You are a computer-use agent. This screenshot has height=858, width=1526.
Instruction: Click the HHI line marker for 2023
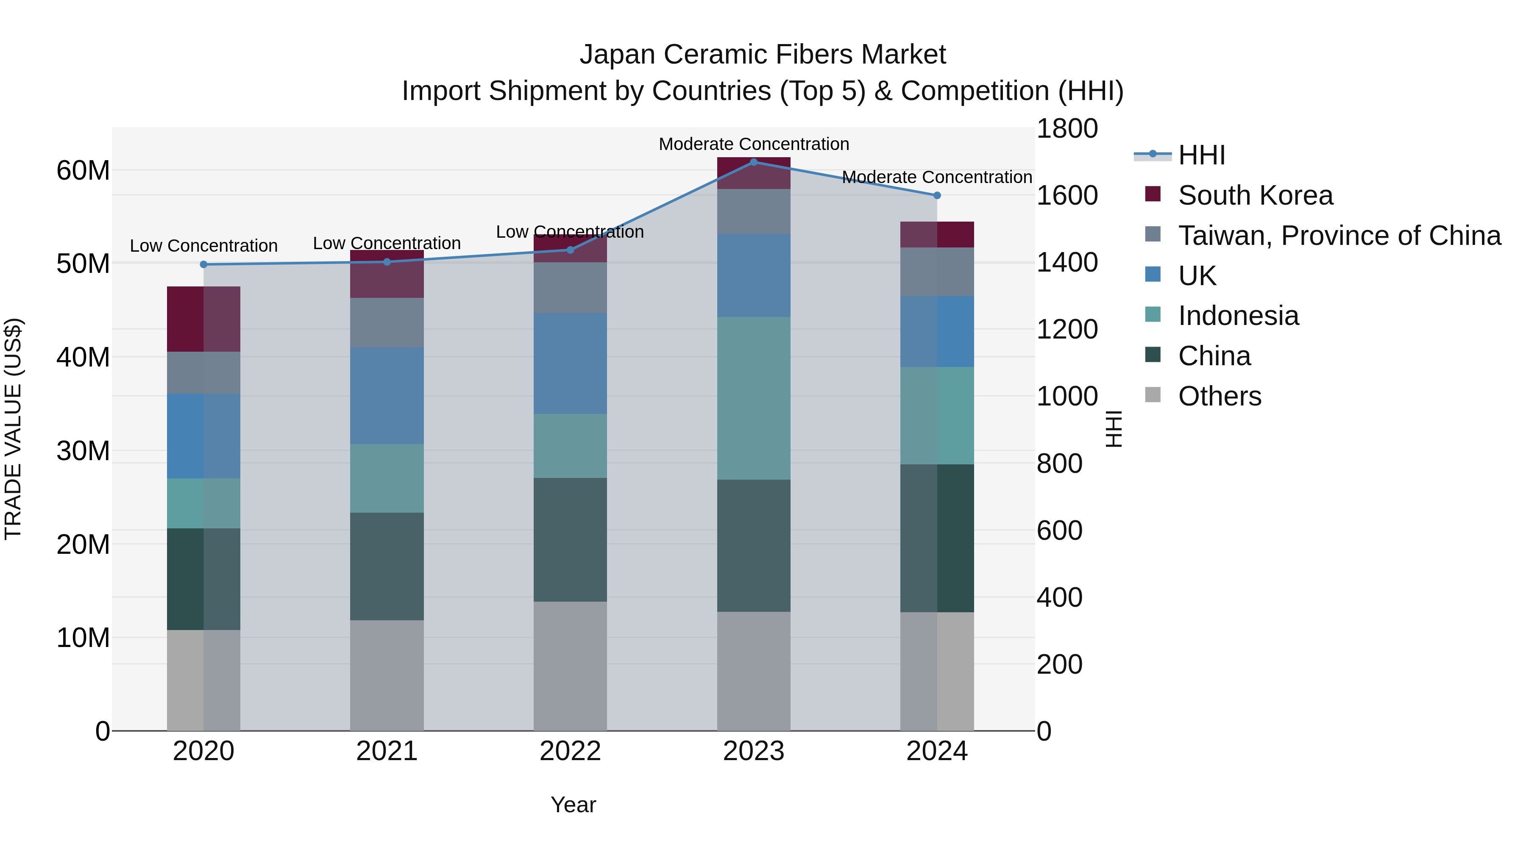coord(754,162)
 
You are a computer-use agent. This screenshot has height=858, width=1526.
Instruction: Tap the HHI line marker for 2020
coord(204,264)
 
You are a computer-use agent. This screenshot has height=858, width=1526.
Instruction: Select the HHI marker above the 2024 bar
coord(936,195)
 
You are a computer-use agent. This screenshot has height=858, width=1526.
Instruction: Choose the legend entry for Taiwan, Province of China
coord(1339,236)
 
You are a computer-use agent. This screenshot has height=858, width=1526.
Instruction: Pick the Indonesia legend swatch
coord(1153,315)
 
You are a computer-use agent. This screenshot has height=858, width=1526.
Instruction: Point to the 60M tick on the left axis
coord(83,170)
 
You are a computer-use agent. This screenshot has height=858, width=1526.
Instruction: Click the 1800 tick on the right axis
coord(1067,128)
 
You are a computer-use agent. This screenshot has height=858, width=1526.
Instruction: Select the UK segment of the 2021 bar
coord(387,396)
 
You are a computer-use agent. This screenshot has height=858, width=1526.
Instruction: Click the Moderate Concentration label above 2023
coord(754,144)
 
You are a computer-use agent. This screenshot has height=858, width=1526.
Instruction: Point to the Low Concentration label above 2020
coord(204,246)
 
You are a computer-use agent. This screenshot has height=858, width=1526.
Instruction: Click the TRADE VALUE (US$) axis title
coord(13,429)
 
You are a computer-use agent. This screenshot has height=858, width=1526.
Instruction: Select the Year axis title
coord(573,805)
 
